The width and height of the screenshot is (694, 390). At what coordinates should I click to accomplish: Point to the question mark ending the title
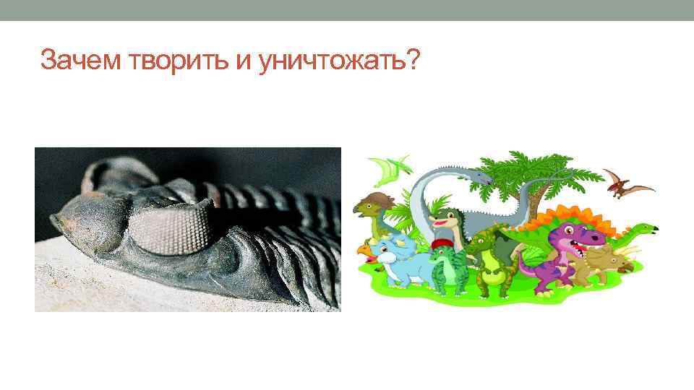click(x=413, y=61)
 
